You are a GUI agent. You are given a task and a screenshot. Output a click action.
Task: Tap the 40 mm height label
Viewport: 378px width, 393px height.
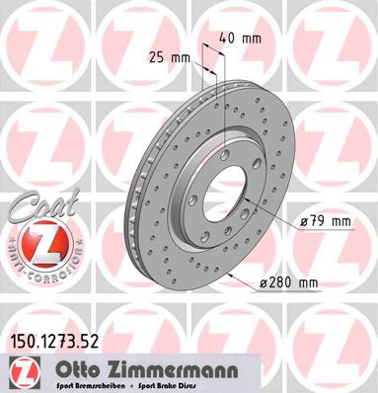242,39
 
